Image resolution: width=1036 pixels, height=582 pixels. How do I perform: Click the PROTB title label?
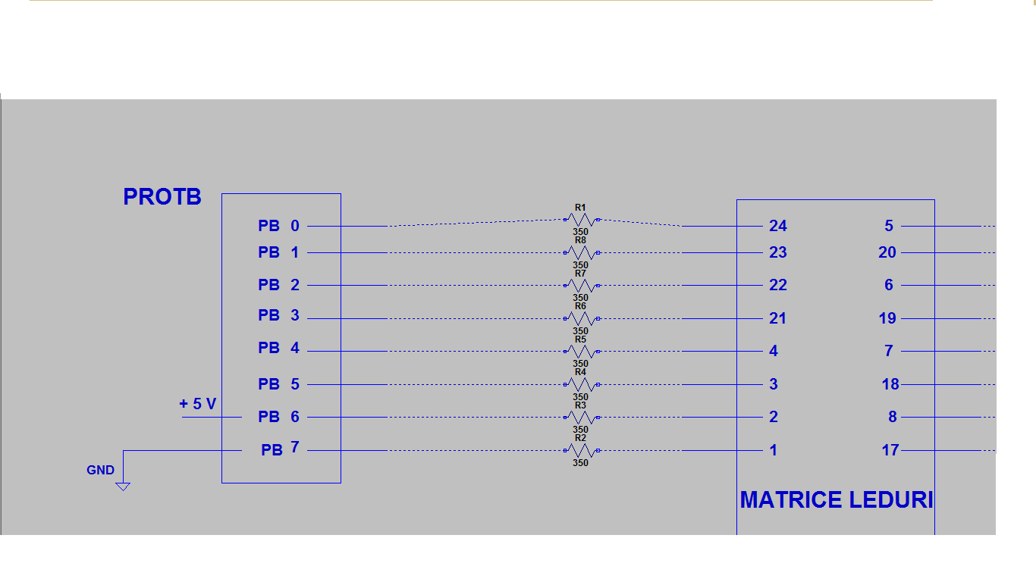pos(162,197)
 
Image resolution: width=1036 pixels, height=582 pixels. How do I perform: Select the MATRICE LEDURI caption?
pos(837,499)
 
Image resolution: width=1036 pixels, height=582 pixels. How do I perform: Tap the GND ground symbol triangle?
pos(123,487)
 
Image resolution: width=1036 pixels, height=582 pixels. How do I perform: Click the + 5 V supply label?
pos(197,404)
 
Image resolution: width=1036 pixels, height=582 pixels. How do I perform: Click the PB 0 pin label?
pos(278,226)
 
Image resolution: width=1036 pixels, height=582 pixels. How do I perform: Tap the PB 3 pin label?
pos(278,315)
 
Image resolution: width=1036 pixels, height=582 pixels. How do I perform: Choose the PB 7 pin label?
pos(280,449)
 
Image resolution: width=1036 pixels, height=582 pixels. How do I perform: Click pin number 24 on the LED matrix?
pos(778,226)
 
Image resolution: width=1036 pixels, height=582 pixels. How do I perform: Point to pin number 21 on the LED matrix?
pos(777,318)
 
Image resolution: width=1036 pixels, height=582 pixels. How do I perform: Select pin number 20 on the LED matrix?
pos(887,252)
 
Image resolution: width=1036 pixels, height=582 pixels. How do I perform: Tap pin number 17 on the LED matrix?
pos(890,450)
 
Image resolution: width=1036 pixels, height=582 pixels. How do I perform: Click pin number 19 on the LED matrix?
pos(887,318)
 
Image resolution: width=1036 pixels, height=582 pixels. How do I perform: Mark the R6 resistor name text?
pos(580,306)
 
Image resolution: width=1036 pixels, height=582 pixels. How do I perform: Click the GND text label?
pos(100,470)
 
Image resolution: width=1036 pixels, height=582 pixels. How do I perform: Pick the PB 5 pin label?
pos(278,384)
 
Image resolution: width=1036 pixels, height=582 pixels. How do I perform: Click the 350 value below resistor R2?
pos(580,463)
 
